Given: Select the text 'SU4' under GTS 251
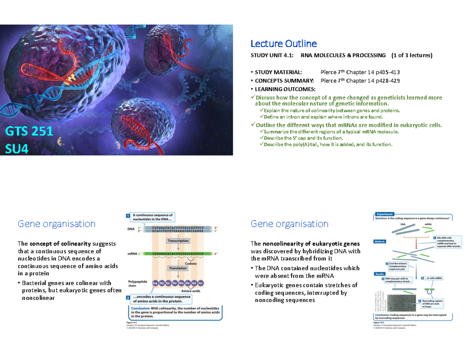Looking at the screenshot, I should click(x=17, y=148).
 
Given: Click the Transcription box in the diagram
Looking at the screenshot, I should click(x=178, y=241).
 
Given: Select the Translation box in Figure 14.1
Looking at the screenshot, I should click(x=178, y=268).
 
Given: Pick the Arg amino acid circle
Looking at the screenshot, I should click(x=155, y=283).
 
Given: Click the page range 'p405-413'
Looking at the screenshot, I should click(x=386, y=72).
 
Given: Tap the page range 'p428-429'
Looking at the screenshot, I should click(x=386, y=81).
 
